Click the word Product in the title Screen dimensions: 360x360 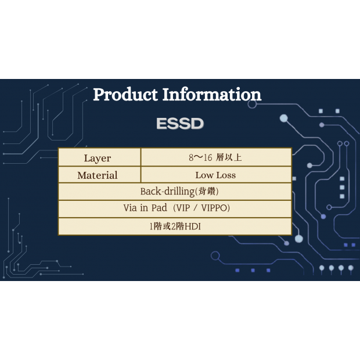pos(125,95)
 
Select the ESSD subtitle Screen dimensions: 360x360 pos(179,124)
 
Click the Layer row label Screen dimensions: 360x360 pos(98,158)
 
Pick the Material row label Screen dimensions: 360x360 pos(98,175)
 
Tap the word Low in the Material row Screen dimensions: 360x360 pos(204,175)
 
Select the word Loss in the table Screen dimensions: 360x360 pos(226,175)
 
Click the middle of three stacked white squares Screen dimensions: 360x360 pos(342,188)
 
